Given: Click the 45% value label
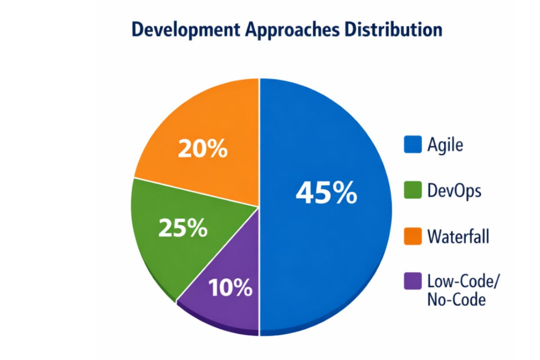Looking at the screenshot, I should tap(326, 193).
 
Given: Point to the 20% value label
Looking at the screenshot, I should tap(202, 150).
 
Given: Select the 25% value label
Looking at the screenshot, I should tap(183, 229).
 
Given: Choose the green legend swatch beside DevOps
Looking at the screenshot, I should tap(413, 191).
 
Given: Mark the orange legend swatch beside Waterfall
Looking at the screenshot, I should tap(413, 236).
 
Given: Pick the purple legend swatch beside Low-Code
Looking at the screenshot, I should tap(413, 282).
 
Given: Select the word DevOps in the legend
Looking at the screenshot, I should tap(454, 191).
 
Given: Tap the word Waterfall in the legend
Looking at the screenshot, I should tap(458, 236).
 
